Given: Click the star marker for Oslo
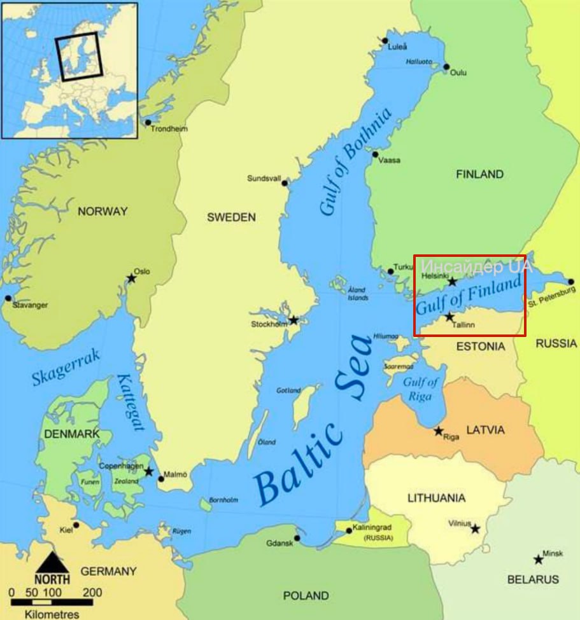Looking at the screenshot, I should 132,278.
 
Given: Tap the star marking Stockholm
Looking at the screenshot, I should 294,320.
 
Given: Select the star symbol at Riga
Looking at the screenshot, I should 439,431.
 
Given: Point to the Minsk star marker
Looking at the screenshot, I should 539,560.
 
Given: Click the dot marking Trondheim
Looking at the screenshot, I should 148,123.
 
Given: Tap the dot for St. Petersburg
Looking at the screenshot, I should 571,282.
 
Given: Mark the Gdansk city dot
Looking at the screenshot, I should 297,539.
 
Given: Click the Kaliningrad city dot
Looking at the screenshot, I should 348,530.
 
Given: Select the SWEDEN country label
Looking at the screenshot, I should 231,217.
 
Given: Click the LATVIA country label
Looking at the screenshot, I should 485,430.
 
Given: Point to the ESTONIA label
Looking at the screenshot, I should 481,347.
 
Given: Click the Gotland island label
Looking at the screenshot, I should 288,390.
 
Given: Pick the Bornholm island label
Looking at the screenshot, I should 225,500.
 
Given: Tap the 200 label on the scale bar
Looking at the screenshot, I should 92,593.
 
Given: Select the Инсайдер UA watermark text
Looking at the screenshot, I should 477,265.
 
